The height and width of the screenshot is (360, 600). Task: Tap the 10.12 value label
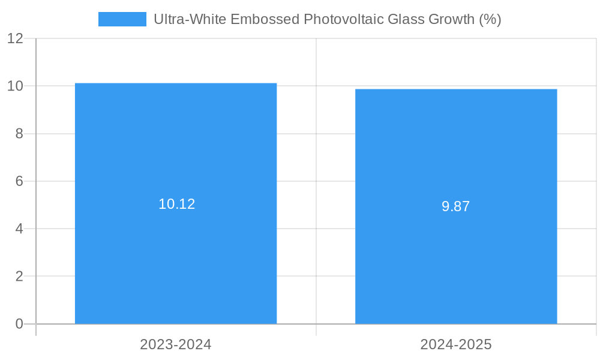[x=176, y=204]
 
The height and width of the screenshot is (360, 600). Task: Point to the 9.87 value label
[x=456, y=207]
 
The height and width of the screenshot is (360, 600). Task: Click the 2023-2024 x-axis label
[x=176, y=344]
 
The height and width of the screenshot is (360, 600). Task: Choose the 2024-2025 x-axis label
[x=456, y=344]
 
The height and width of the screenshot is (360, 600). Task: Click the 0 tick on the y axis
[x=19, y=324]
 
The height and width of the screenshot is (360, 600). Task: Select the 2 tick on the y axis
[x=19, y=277]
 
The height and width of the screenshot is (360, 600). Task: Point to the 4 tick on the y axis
[x=19, y=229]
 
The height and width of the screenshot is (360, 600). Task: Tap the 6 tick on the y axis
[x=19, y=181]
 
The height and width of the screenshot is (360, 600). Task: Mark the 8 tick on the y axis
[x=19, y=134]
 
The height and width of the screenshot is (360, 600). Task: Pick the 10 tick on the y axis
[x=16, y=86]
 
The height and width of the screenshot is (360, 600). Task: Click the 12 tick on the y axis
[x=16, y=38]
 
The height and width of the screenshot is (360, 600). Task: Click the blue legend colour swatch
[x=122, y=19]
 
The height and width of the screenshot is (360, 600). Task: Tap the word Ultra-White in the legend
[x=188, y=19]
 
